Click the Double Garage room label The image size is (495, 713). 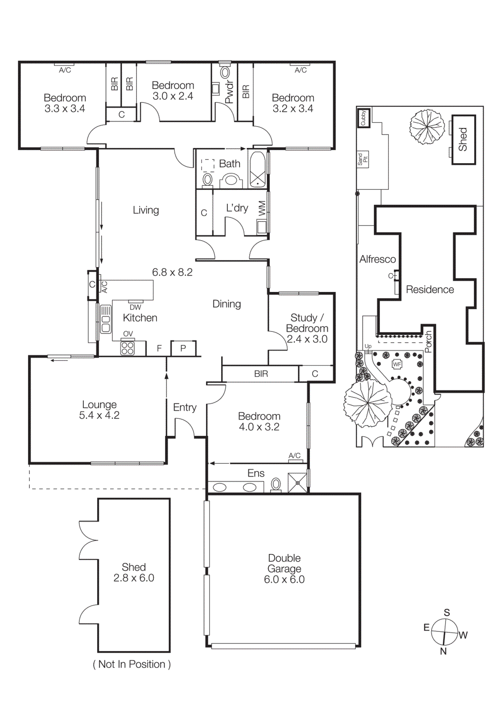pos(284,569)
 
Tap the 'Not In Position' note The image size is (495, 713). pos(132,664)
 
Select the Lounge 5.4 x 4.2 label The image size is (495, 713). pos(99,410)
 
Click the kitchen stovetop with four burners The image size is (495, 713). pos(128,348)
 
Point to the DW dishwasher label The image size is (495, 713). pos(135,307)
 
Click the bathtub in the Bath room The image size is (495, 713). pos(257,169)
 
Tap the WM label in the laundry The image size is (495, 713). pos(262,208)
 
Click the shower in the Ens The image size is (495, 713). pos(297,483)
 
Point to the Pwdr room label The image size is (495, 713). pos(229,92)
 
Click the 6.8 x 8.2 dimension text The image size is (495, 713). pos(172,272)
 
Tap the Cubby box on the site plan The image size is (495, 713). pos(363,118)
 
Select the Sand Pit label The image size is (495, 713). pos(362,159)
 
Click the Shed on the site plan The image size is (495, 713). pos(463,139)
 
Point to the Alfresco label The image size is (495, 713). pos(377,259)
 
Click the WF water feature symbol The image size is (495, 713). pos(396,364)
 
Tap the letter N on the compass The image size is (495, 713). pos(443,651)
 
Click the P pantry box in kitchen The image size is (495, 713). pos(183,348)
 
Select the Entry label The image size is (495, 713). pos(185,407)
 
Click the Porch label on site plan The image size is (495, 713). pos(429,341)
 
